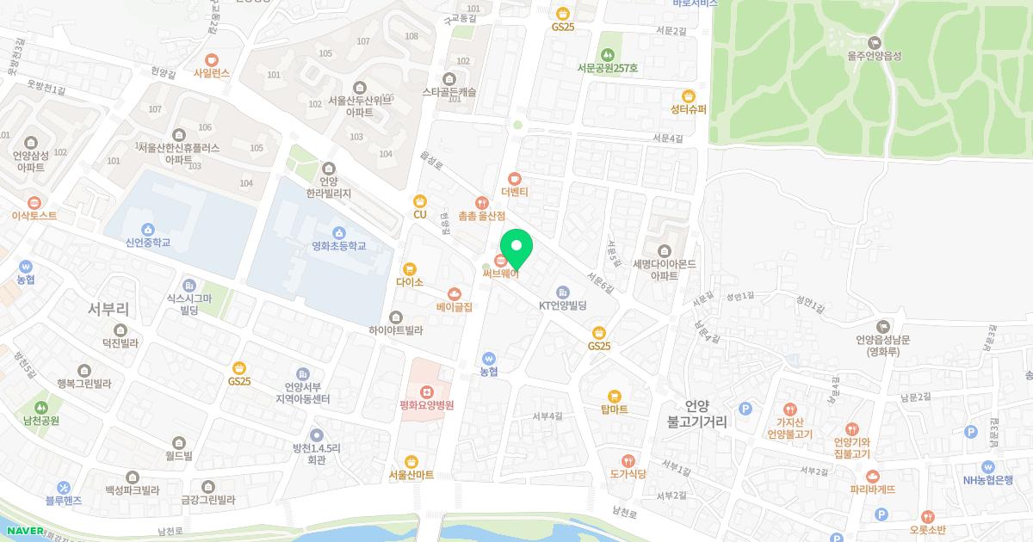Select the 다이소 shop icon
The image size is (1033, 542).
coord(409,268)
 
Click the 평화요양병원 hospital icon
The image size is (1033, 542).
coord(426,391)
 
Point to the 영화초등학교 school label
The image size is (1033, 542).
coord(339,246)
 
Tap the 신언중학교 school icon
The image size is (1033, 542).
coord(147,229)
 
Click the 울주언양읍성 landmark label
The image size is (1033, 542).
coord(874,56)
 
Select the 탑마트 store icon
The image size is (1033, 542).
coord(614,396)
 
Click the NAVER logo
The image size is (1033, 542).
coord(22,531)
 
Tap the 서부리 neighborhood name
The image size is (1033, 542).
coord(109,309)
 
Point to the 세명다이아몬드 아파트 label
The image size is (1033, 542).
coord(664,270)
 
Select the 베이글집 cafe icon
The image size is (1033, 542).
coord(454,293)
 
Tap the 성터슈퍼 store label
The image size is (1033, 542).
coord(688,109)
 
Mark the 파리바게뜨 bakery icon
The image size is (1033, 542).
coord(872,476)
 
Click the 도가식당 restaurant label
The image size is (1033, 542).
coord(628,473)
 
